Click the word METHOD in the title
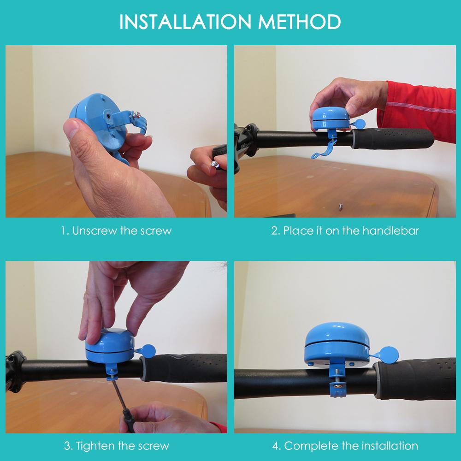(300, 22)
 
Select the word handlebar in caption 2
(391, 231)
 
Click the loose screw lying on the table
(341, 207)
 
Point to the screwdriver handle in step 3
(129, 421)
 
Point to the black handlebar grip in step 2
(393, 138)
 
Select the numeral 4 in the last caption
(276, 446)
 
